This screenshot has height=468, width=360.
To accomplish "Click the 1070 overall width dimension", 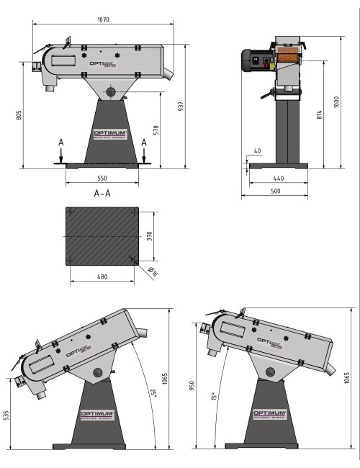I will tap(103, 20).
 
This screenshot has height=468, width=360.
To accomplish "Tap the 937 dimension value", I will tap(182, 106).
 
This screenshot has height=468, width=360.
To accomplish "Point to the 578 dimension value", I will tap(156, 130).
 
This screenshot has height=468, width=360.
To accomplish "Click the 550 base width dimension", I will tap(102, 178).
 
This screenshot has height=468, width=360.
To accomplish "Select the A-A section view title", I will tap(102, 193).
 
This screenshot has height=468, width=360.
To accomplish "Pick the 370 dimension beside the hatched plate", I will tap(150, 237).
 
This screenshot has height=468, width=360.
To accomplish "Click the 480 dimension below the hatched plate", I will tap(102, 276).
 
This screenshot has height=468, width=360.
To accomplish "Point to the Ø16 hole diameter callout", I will tap(152, 271).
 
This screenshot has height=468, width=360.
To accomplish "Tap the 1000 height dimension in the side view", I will tap(337, 102).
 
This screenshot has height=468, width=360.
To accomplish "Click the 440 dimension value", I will tap(278, 178).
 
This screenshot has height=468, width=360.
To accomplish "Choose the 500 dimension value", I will tap(276, 191).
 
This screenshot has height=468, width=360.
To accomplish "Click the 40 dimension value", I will tap(258, 151).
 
